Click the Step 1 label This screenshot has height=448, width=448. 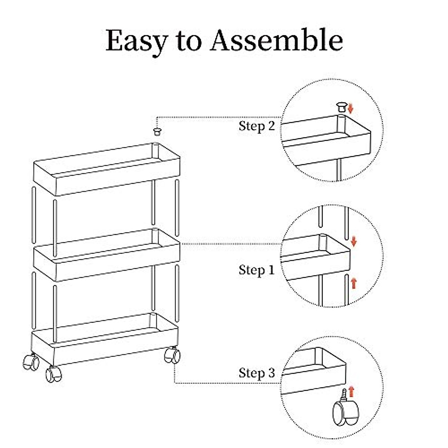[256, 270]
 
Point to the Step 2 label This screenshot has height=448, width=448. [256, 126]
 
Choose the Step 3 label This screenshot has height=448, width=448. [256, 373]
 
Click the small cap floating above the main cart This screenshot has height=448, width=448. [157, 131]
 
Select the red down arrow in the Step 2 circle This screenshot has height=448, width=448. [350, 108]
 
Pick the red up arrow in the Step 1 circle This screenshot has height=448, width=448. [354, 283]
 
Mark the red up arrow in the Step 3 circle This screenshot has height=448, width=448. [351, 392]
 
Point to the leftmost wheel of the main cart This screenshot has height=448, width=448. [31, 361]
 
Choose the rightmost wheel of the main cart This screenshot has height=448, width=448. [172, 355]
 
